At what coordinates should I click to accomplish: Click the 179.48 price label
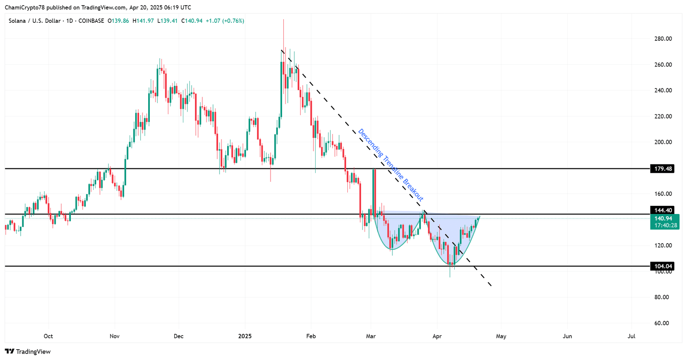coord(663,169)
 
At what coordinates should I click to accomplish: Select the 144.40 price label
coord(663,210)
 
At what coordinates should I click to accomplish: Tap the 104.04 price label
coord(663,266)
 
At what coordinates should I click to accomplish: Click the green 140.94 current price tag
coord(664,219)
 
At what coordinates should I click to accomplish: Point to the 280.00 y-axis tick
coord(663,39)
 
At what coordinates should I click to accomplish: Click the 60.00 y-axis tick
coord(661,323)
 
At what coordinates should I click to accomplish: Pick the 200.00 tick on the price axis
coord(663,142)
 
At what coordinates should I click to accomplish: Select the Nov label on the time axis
coord(114,336)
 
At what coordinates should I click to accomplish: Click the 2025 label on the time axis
coord(245,336)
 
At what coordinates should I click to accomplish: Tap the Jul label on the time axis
coord(631,336)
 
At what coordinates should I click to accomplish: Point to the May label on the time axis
coord(501,336)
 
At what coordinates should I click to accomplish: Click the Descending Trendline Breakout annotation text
coord(391,165)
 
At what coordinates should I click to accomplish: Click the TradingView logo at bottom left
coord(28,351)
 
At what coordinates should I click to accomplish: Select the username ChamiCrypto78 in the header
coord(24,7)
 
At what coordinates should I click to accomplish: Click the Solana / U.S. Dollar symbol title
coord(34,21)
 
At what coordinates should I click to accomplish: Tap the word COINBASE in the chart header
coord(91,21)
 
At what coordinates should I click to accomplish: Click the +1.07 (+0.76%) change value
coord(225,21)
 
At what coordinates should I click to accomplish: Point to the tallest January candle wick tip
coord(283,20)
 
